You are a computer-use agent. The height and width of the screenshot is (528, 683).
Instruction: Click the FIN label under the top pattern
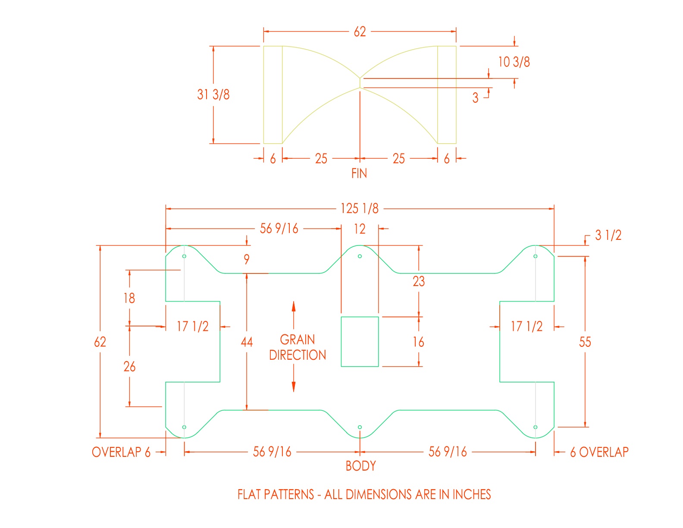point(359,173)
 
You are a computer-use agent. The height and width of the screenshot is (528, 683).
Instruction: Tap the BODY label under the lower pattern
point(360,466)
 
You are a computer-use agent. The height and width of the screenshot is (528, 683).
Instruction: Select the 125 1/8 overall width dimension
point(360,208)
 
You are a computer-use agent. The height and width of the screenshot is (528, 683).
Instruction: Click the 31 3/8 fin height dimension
point(213,94)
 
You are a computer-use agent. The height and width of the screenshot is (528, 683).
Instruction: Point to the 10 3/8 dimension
point(514,62)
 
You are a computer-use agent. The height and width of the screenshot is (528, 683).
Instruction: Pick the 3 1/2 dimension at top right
point(608,235)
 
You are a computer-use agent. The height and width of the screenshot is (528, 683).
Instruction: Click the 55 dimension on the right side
point(585,342)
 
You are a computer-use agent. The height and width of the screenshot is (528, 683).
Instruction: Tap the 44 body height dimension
point(247,342)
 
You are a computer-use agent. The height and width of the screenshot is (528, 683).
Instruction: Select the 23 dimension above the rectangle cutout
point(419,281)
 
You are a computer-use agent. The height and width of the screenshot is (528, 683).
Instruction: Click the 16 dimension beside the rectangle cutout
point(418,342)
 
